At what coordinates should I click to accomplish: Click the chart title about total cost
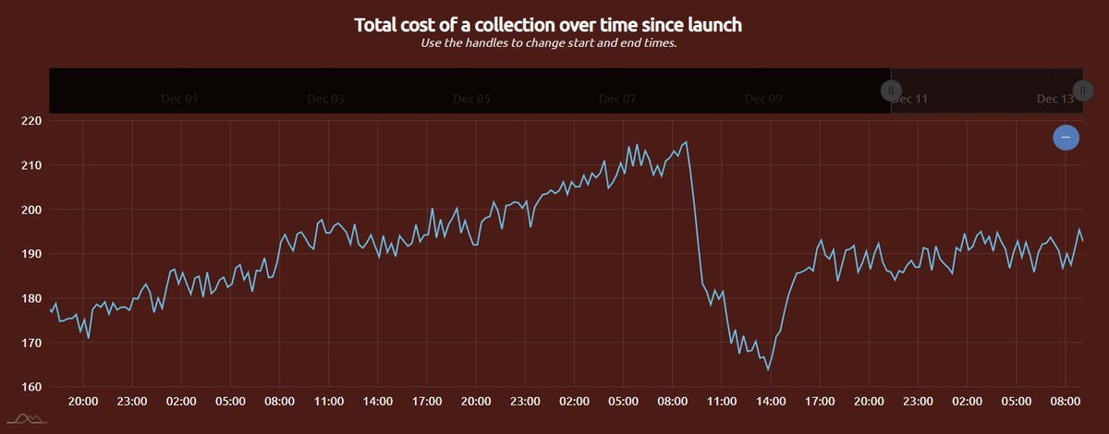click(x=547, y=25)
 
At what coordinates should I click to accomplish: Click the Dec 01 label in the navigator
click(x=179, y=99)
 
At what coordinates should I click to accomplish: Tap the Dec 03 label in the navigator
click(x=325, y=99)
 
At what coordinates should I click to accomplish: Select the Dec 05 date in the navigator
click(x=471, y=99)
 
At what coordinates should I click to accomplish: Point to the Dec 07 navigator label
click(x=617, y=99)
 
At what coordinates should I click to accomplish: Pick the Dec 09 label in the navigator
click(x=763, y=99)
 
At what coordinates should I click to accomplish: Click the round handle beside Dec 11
click(x=891, y=90)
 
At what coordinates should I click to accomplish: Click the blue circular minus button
click(x=1066, y=138)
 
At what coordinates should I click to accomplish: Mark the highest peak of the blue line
click(x=686, y=142)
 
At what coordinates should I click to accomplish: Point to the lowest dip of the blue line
click(x=768, y=369)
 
